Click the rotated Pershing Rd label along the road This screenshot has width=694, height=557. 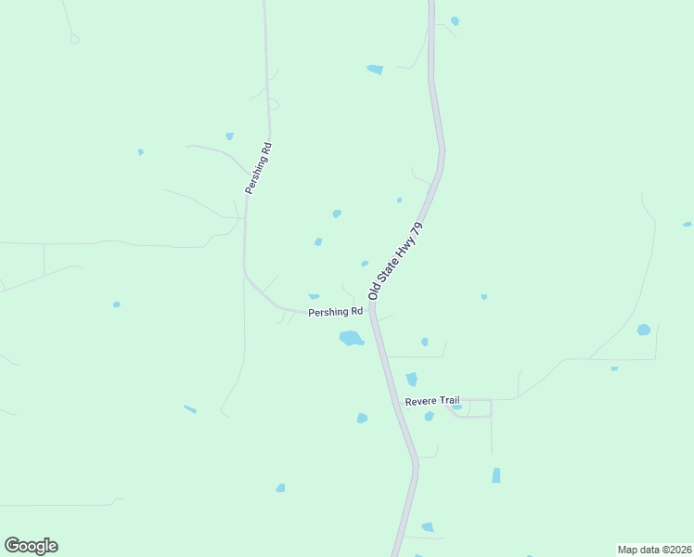258,167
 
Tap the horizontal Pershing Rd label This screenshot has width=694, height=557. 335,313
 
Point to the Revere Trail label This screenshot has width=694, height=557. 432,401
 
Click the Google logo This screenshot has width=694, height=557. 31,546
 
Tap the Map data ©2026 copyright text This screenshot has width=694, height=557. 654,550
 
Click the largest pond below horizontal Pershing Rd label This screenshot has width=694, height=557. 351,338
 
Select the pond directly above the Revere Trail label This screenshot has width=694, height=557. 411,379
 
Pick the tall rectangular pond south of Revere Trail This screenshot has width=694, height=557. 495,475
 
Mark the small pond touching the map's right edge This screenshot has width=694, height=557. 688,224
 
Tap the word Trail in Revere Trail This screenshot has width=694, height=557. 449,401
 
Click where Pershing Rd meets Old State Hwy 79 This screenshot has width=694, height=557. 370,309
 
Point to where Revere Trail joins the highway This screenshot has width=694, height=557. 399,401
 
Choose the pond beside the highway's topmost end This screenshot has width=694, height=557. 455,20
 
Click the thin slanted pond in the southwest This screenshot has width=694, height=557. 189,408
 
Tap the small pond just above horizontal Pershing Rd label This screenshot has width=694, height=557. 314,296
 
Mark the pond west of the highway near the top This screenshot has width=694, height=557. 375,69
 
